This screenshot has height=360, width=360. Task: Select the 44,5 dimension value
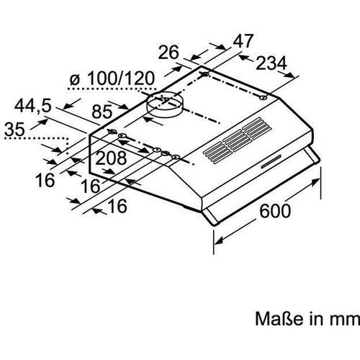pyautogui.click(x=32, y=105)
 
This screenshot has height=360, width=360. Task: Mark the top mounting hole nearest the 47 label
pyautogui.click(x=206, y=74)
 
